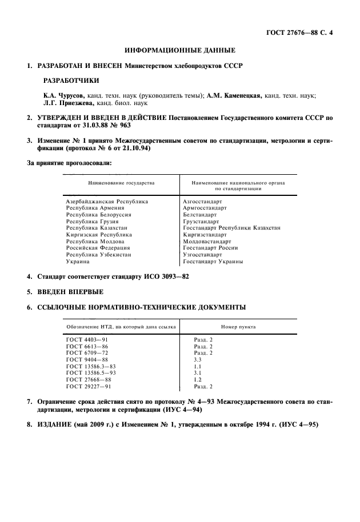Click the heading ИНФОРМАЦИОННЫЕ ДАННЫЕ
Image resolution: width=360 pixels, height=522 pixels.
click(x=180, y=51)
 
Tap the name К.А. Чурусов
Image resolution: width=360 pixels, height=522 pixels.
click(x=63, y=95)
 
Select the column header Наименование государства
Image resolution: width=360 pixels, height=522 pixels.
click(x=121, y=183)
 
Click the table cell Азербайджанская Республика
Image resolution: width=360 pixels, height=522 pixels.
click(x=107, y=202)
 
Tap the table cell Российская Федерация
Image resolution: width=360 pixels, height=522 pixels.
click(x=98, y=248)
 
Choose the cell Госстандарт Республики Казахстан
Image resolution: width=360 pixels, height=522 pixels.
click(x=231, y=228)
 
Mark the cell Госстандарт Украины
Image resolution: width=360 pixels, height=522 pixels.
click(x=213, y=262)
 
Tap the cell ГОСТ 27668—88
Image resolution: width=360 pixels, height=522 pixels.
click(x=89, y=379)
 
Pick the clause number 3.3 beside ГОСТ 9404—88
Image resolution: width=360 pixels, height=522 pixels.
click(x=198, y=360)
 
